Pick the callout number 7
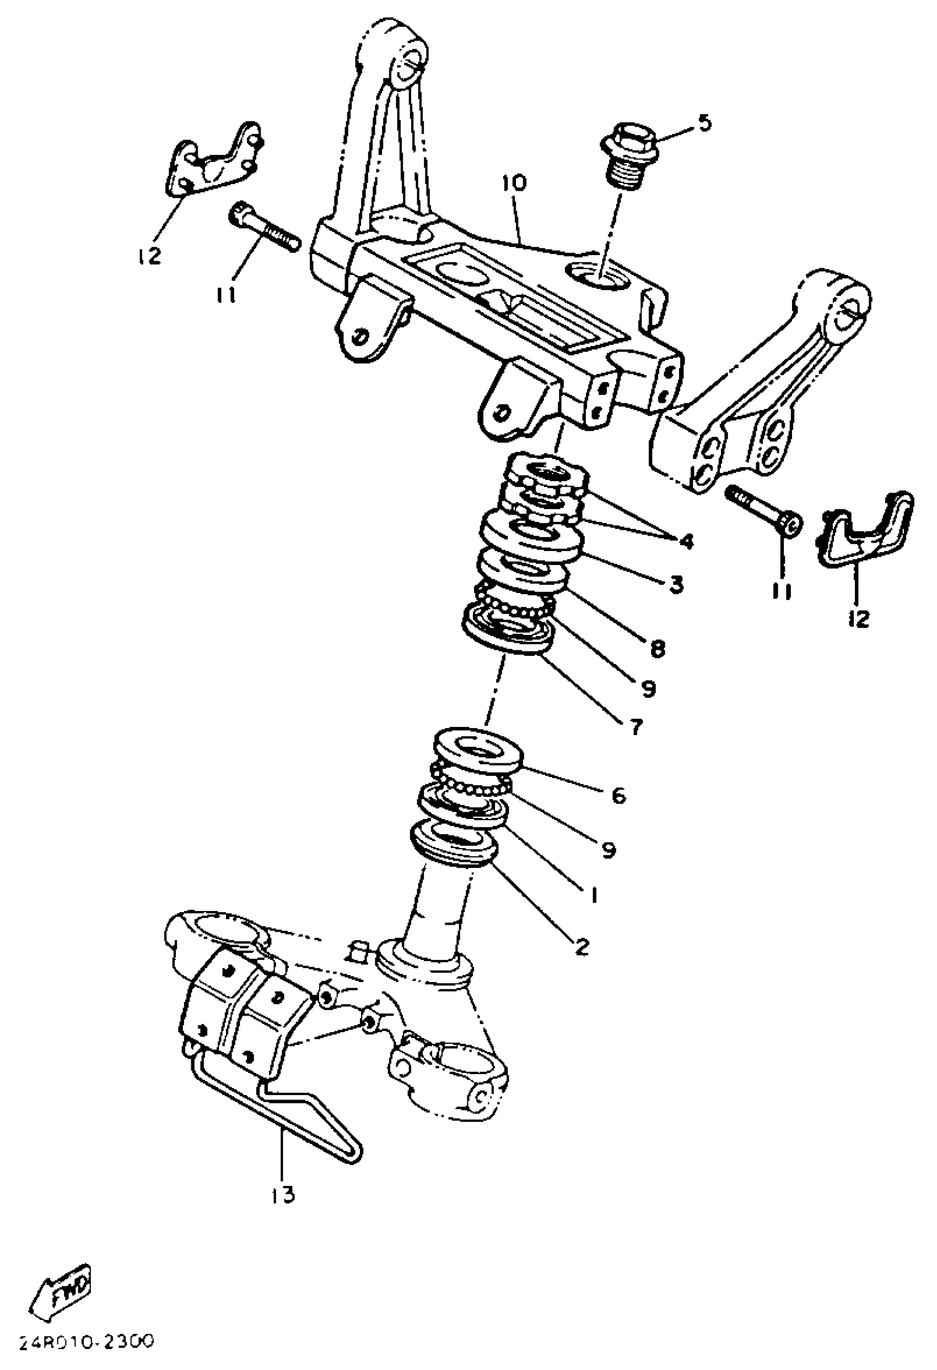tap(634, 727)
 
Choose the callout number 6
tap(618, 796)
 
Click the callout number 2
tap(581, 947)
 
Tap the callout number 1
tap(594, 895)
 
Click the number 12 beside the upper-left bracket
tap(151, 256)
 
